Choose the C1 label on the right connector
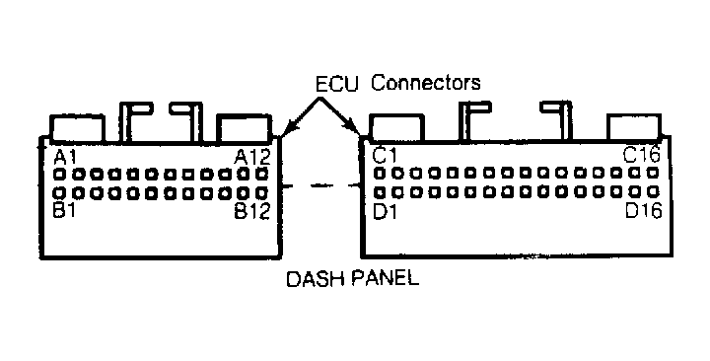385,155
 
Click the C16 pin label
641,155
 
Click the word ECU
337,84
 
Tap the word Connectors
426,84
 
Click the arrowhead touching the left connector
283,133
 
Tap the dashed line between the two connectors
319,184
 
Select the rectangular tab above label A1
77,128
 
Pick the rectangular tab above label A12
242,128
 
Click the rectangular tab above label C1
396,126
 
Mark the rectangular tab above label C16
632,126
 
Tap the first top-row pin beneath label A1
60,173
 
